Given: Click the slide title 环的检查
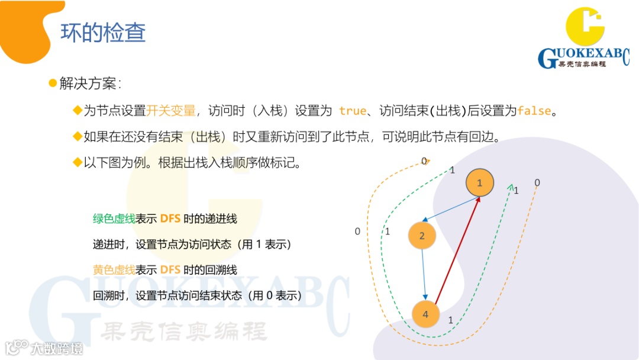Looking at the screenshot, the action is [x=103, y=33].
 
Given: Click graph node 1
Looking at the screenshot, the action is [x=479, y=182].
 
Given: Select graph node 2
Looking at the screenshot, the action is [x=422, y=236].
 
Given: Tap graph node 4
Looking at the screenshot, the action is [x=425, y=314].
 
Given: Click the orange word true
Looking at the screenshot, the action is [x=353, y=111].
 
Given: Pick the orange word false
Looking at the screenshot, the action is [x=534, y=111].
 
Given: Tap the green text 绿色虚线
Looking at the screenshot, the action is [x=114, y=218].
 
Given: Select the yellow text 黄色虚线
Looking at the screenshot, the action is [x=114, y=270].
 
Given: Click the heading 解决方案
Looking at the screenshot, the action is [x=89, y=83].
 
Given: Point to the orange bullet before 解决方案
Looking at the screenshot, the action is [x=52, y=82].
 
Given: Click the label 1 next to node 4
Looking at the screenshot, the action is [x=451, y=320].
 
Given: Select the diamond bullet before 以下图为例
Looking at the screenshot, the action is [x=77, y=163].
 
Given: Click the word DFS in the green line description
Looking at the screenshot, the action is [x=170, y=218].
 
